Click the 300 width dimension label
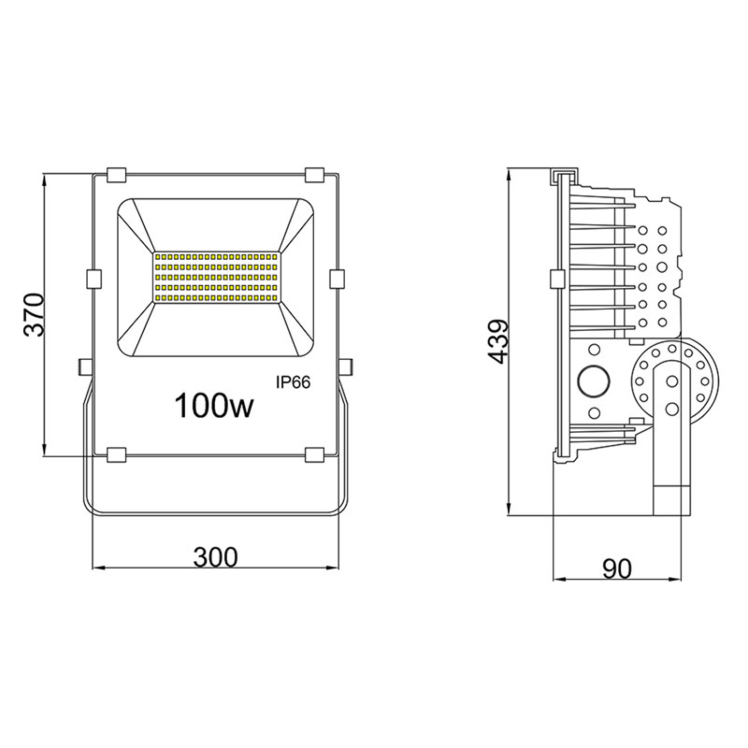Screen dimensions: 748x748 (215, 556)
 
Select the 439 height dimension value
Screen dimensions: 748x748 (498, 342)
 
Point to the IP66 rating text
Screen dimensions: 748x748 (293, 381)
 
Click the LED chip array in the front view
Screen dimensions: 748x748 (215, 277)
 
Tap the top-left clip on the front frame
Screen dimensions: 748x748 (117, 175)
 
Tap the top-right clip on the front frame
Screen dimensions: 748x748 (314, 175)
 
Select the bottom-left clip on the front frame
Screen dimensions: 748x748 (117, 454)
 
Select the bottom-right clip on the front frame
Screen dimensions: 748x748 (314, 454)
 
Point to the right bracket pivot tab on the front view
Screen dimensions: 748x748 (346, 365)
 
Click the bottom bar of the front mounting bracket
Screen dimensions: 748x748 (215, 512)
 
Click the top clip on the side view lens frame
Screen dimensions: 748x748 (562, 175)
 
